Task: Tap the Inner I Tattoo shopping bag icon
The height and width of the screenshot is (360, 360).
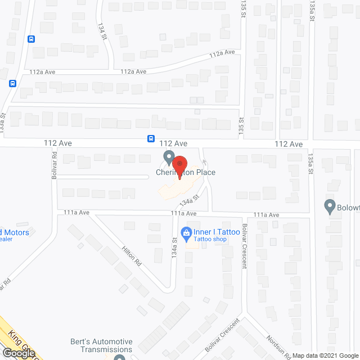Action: pos(184,232)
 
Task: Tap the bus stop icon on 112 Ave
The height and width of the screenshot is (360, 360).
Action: pos(151,139)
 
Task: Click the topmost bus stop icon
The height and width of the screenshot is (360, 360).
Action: pos(30,39)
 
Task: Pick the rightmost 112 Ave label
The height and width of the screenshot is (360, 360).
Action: pos(289,145)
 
